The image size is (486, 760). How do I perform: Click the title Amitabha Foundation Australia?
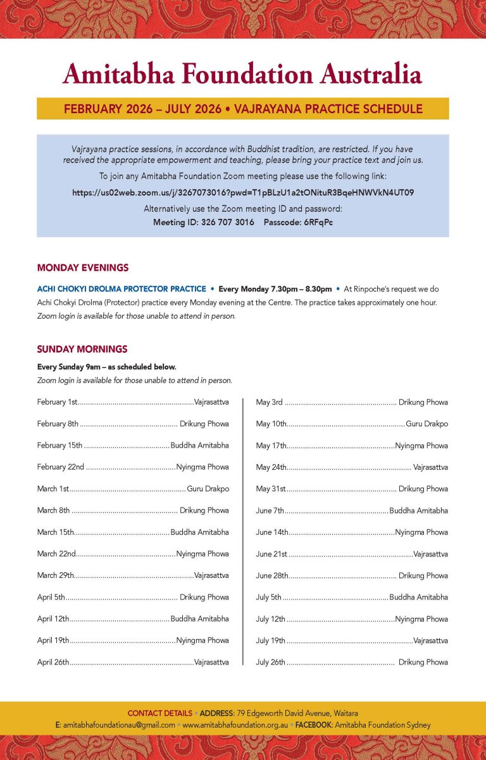242,75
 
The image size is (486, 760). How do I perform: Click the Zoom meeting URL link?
243,192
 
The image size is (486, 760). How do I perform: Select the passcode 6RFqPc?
316,223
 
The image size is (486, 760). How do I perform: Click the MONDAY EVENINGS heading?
83,267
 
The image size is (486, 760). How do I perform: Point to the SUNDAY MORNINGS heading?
82,349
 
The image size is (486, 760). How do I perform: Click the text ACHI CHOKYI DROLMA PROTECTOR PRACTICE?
121,289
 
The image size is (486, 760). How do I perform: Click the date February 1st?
57,402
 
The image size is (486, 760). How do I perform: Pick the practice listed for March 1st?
208,489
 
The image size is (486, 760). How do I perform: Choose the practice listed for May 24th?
430,467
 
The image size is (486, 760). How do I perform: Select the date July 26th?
271,662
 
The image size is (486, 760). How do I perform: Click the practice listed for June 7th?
418,510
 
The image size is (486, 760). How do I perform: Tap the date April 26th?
53,662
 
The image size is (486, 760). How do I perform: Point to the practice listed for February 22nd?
202,467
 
